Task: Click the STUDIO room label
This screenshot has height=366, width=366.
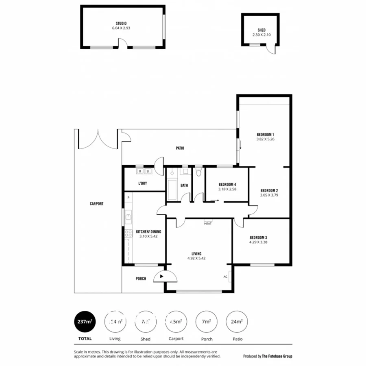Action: click(121, 23)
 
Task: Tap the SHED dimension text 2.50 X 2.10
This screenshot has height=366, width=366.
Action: click(261, 35)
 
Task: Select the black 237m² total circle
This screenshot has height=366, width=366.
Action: click(85, 321)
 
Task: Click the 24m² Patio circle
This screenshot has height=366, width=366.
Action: click(236, 321)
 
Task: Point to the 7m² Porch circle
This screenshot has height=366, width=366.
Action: click(206, 321)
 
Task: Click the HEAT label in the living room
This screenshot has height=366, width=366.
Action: click(208, 223)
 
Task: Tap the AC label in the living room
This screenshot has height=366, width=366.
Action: click(225, 277)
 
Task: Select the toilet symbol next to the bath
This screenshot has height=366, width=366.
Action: click(198, 172)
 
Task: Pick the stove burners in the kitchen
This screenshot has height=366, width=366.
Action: click(129, 233)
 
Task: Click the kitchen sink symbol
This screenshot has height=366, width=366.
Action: click(128, 217)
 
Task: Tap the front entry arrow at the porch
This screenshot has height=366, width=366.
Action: click(161, 277)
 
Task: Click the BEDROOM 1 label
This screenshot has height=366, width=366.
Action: click(265, 135)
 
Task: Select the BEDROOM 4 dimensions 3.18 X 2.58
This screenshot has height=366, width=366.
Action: click(227, 189)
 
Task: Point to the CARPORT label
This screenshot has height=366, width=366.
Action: click(96, 204)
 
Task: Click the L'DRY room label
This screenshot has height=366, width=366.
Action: click(142, 183)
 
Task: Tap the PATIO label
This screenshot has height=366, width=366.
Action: click(180, 148)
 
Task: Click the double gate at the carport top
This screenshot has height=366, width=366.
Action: click(98, 139)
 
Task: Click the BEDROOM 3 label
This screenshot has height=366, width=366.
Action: click(258, 237)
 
